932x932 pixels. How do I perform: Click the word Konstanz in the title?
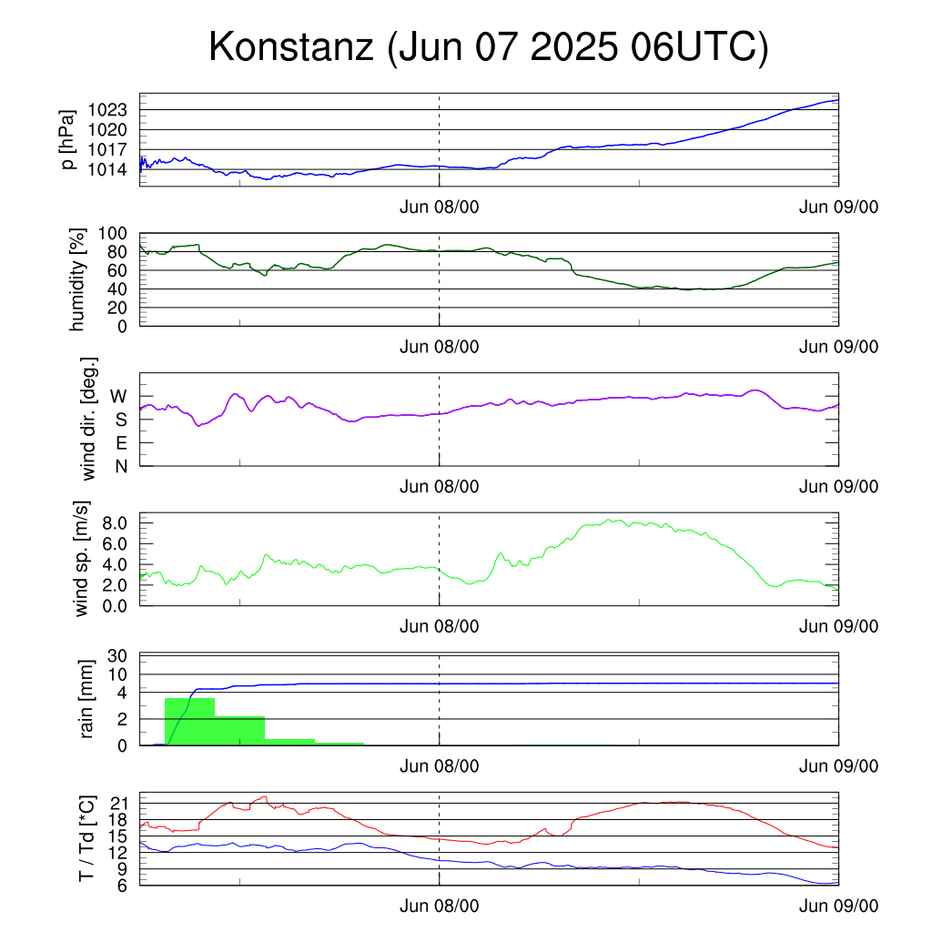point(291,46)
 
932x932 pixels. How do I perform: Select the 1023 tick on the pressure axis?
point(107,110)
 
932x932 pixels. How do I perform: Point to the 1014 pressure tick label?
point(107,170)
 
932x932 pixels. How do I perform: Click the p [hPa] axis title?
point(68,139)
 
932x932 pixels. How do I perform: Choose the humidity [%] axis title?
point(77,279)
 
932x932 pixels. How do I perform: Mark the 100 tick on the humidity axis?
point(112,234)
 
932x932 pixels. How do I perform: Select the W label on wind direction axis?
point(119,397)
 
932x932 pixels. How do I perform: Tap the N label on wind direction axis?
point(121,467)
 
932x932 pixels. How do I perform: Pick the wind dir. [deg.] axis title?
point(88,419)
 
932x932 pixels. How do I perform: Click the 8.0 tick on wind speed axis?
point(115,523)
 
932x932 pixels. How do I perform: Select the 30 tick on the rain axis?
point(117,656)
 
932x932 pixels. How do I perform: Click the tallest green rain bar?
point(189,722)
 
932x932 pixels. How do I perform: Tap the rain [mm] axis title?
point(86,699)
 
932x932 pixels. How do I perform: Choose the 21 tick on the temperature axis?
point(119,804)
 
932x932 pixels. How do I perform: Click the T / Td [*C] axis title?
point(86,838)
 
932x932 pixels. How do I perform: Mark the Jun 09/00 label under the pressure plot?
point(838,207)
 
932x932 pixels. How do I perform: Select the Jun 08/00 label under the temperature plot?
point(440,906)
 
